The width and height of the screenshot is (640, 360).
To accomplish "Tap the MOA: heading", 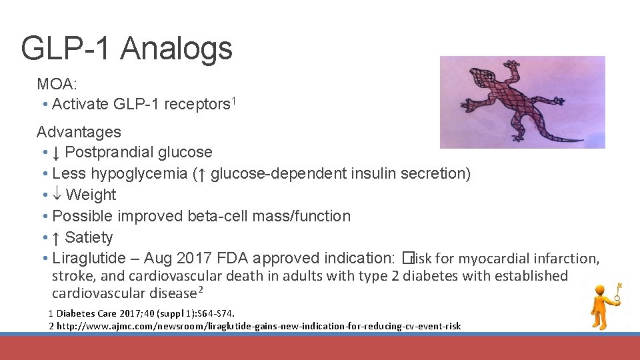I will [x=57, y=84].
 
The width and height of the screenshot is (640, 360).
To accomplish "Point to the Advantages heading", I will [x=79, y=132].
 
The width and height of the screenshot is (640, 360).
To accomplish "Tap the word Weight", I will [x=91, y=195].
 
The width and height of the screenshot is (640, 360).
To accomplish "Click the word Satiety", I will [x=89, y=237].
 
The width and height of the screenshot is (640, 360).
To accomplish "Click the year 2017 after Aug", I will [x=198, y=259].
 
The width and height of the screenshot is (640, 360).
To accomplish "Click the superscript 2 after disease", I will [x=201, y=290].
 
